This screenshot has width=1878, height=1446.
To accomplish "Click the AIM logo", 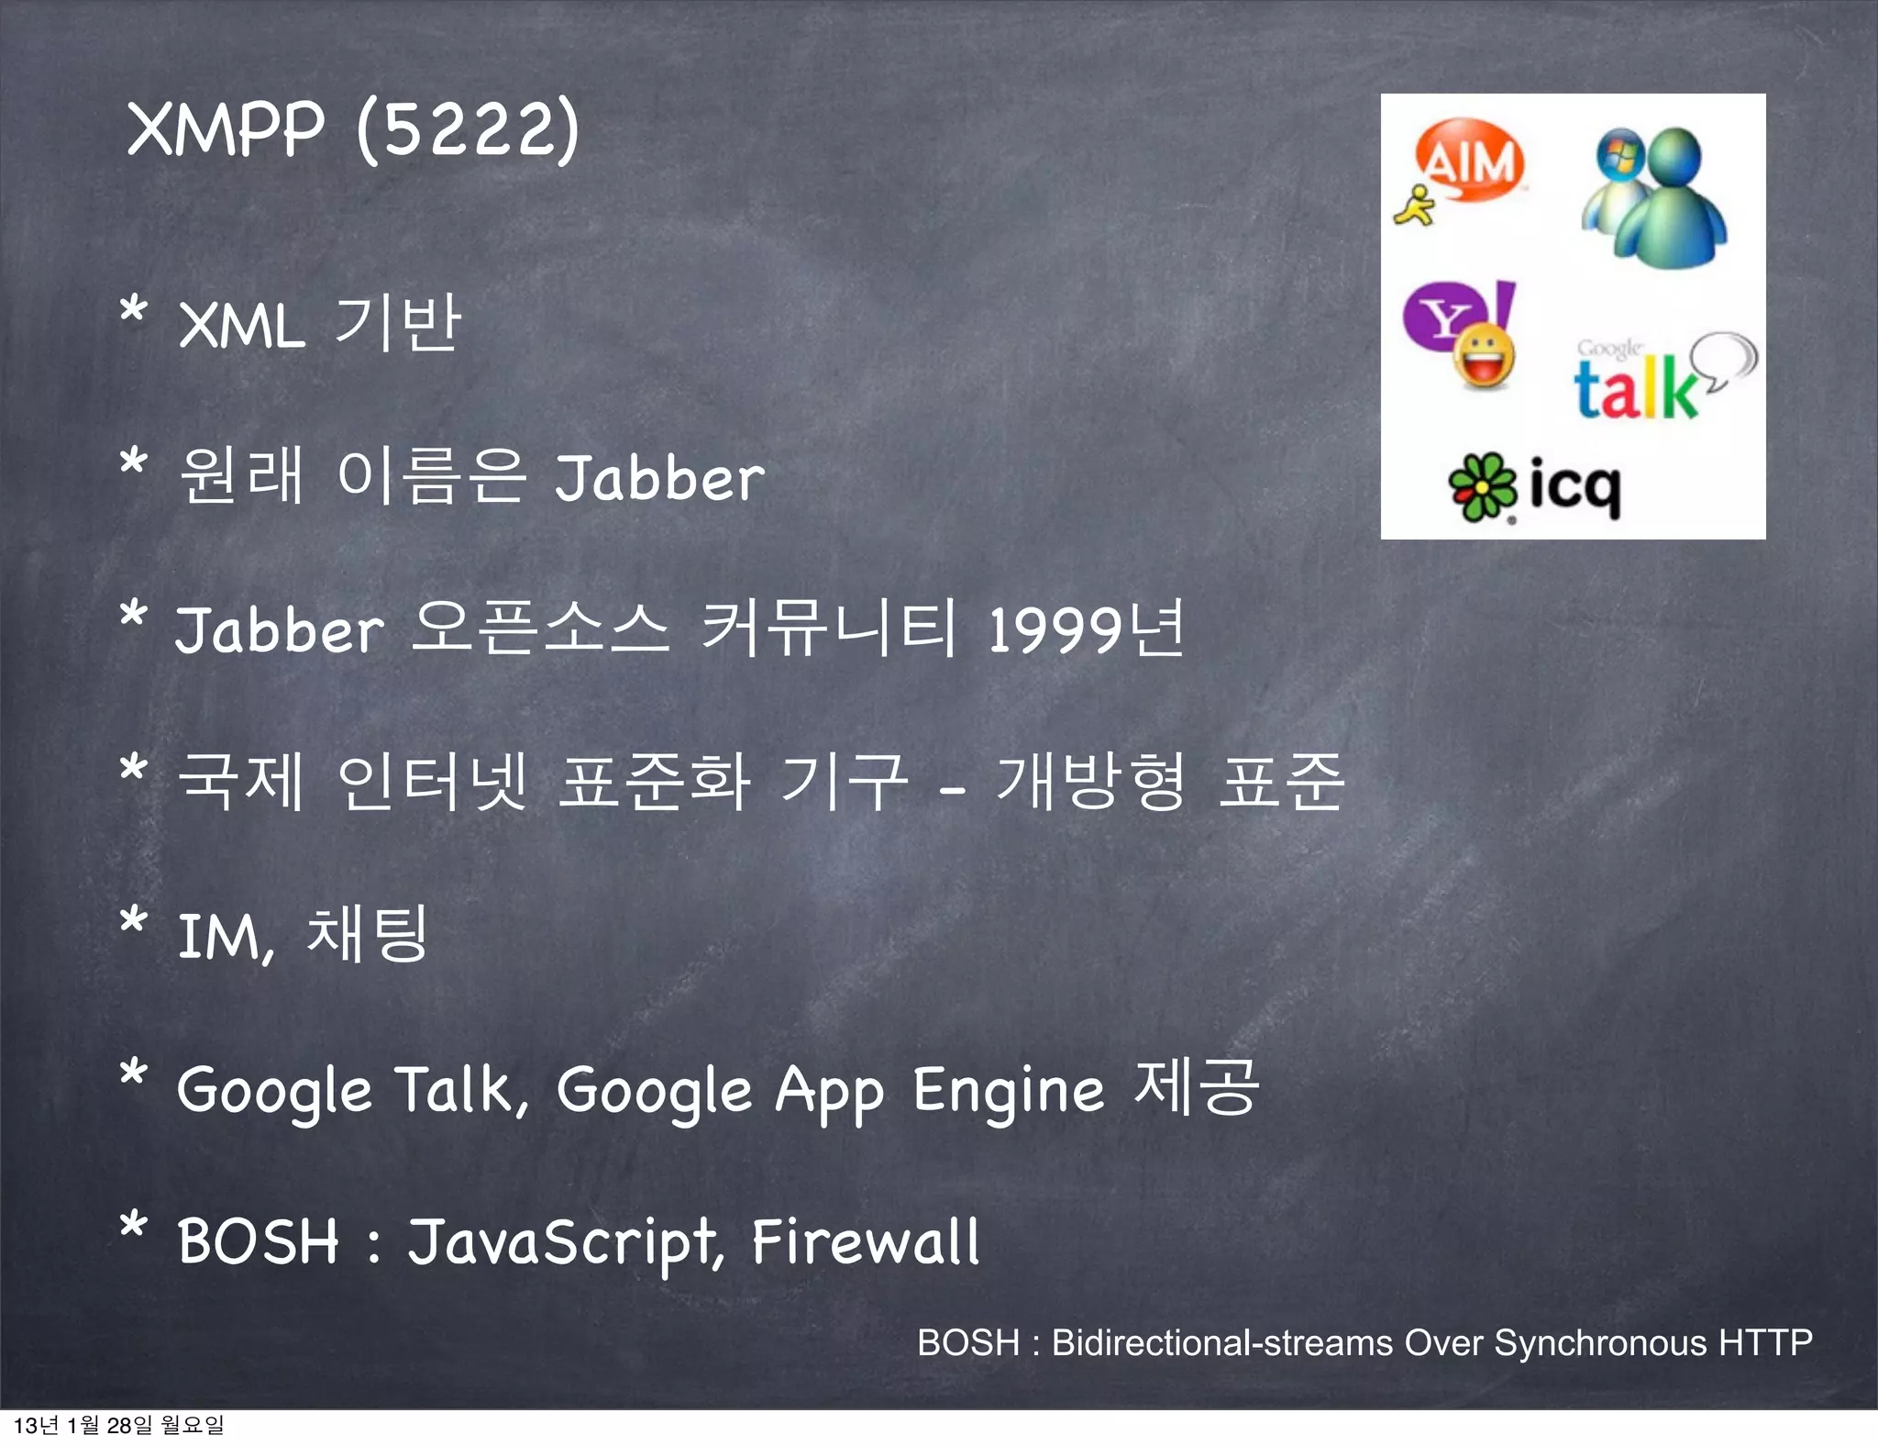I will click(x=1464, y=165).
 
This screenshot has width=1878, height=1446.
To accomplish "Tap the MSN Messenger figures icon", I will click(x=1654, y=197).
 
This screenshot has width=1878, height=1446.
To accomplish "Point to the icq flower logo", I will click(x=1480, y=487).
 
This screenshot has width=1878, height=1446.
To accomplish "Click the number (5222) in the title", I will click(x=468, y=129).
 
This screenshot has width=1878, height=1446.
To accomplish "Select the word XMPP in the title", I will click(x=226, y=129).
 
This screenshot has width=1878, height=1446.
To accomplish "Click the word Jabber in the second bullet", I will click(x=659, y=478).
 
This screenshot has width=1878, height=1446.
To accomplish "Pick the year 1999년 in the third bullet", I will click(x=1086, y=629).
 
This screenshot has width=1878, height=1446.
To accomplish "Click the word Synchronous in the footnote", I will click(x=1600, y=1342).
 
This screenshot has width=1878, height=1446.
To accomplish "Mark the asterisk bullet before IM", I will click(x=134, y=920).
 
